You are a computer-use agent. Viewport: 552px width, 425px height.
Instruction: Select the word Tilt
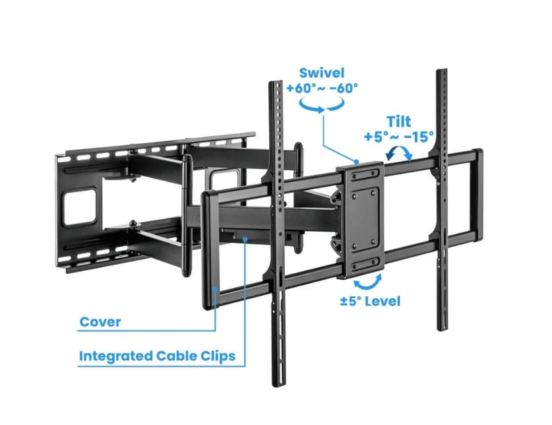coord(399,122)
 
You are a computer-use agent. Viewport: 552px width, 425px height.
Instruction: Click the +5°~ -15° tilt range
coord(399,137)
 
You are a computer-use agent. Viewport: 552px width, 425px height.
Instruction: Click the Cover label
coord(100,323)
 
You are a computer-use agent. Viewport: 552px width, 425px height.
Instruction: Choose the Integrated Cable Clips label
coord(157,356)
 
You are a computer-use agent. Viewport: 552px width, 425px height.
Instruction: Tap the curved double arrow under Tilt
coord(398,154)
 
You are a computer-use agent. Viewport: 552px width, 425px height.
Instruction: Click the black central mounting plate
coord(360,211)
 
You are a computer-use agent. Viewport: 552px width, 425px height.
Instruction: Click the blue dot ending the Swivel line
coord(357,160)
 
